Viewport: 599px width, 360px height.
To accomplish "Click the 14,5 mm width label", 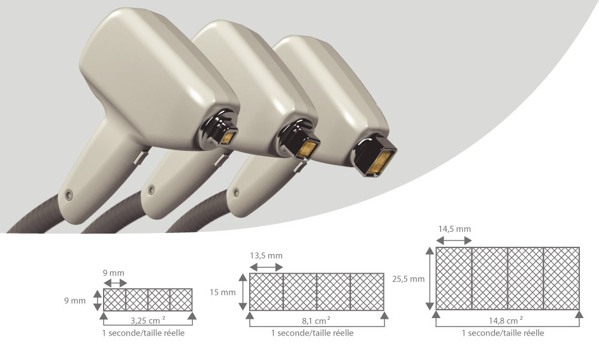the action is (454, 229).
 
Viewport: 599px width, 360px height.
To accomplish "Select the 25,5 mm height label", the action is (408, 279).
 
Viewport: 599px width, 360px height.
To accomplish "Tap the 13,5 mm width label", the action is (267, 256).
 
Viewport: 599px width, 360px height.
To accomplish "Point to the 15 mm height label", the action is (223, 292).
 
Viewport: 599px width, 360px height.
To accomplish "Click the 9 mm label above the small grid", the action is (113, 273).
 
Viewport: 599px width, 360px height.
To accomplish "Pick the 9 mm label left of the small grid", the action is (75, 300).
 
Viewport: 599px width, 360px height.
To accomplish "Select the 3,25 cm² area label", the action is (148, 320).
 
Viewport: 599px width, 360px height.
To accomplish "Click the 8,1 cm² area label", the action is (316, 320).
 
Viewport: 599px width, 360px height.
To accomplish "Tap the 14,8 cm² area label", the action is (506, 320).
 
